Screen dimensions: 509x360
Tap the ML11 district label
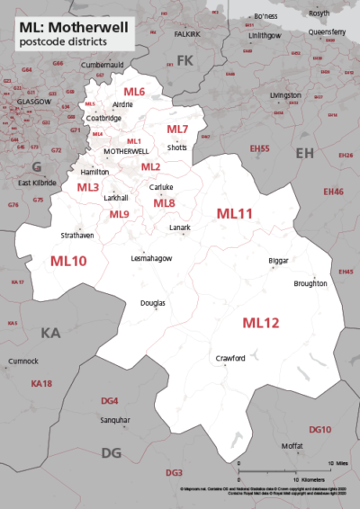tap(235, 213)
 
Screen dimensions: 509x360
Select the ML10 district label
tap(68, 261)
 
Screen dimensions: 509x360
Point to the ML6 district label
tap(134, 93)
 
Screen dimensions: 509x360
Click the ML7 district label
tap(177, 129)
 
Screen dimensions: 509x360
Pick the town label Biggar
tap(279, 262)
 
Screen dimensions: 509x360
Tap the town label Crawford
tap(230, 358)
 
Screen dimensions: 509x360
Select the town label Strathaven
tap(76, 236)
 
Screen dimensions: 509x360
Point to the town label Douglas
tap(153, 303)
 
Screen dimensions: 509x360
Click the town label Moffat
tap(292, 446)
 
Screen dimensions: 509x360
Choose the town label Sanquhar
tap(114, 420)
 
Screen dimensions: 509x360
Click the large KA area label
tap(50, 334)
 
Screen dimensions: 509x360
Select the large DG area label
tap(112, 452)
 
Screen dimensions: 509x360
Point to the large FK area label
tap(185, 60)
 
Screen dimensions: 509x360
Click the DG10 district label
tap(319, 430)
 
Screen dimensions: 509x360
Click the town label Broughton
tap(310, 283)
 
